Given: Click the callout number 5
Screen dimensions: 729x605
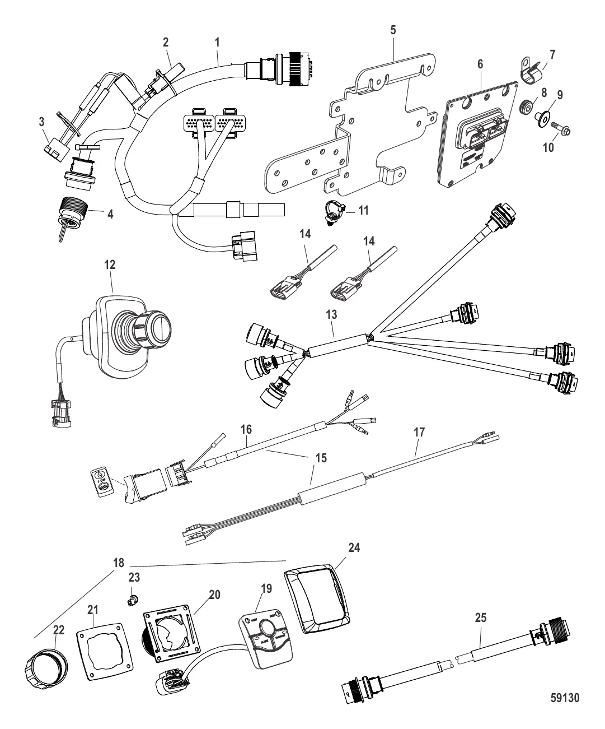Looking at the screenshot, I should (393, 30).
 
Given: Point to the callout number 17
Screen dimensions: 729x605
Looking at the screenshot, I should (419, 432).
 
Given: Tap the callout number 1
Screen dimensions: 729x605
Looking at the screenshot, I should (217, 41).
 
